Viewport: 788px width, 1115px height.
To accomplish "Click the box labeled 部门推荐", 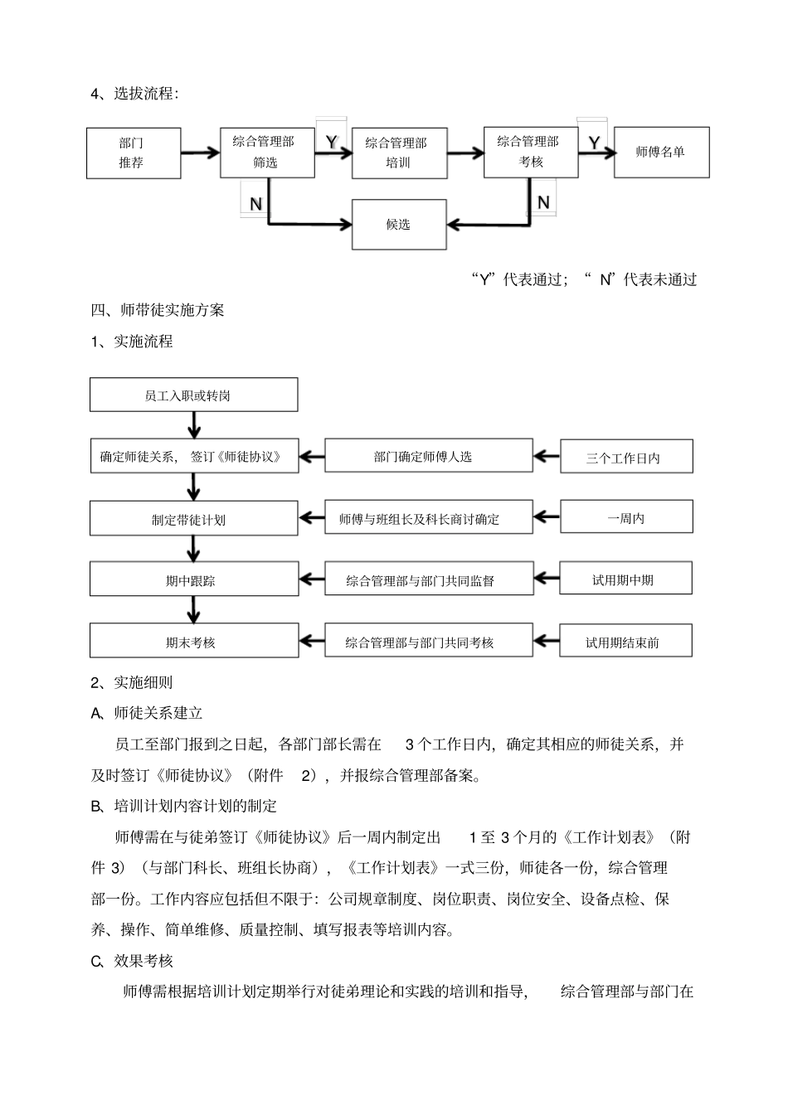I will pyautogui.click(x=134, y=153).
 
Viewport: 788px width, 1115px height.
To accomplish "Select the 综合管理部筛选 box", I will pyautogui.click(x=267, y=153).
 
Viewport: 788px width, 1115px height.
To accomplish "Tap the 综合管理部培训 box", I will pyautogui.click(x=399, y=153).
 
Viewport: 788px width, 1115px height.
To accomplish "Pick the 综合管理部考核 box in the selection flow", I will pyautogui.click(x=531, y=153).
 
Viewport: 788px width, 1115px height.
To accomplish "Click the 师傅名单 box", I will pyautogui.click(x=661, y=153).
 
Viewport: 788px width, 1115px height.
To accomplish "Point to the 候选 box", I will pyautogui.click(x=399, y=225).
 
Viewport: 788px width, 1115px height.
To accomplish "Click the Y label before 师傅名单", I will pyautogui.click(x=594, y=143).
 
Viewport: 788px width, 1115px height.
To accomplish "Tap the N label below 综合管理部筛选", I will pyautogui.click(x=255, y=204).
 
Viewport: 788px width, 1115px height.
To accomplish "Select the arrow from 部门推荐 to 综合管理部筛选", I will pyautogui.click(x=200, y=153).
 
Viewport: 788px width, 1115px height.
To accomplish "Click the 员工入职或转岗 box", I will pyautogui.click(x=194, y=395).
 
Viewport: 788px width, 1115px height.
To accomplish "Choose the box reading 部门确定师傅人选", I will pyautogui.click(x=428, y=456).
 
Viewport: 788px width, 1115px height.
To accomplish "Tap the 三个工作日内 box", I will pyautogui.click(x=626, y=457).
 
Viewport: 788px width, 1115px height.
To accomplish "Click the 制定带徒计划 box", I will pyautogui.click(x=194, y=519).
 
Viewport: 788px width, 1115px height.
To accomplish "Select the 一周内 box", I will pyautogui.click(x=626, y=518).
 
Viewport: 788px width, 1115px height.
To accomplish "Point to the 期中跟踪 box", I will pyautogui.click(x=194, y=580).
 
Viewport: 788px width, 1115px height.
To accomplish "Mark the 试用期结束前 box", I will pyautogui.click(x=626, y=642).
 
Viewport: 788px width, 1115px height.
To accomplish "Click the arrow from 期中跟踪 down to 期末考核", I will pyautogui.click(x=194, y=610).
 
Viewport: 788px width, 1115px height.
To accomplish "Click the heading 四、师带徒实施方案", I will pyautogui.click(x=158, y=311).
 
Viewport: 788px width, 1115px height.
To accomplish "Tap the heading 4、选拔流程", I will pyautogui.click(x=134, y=94).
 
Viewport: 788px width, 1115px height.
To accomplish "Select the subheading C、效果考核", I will pyautogui.click(x=132, y=961).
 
